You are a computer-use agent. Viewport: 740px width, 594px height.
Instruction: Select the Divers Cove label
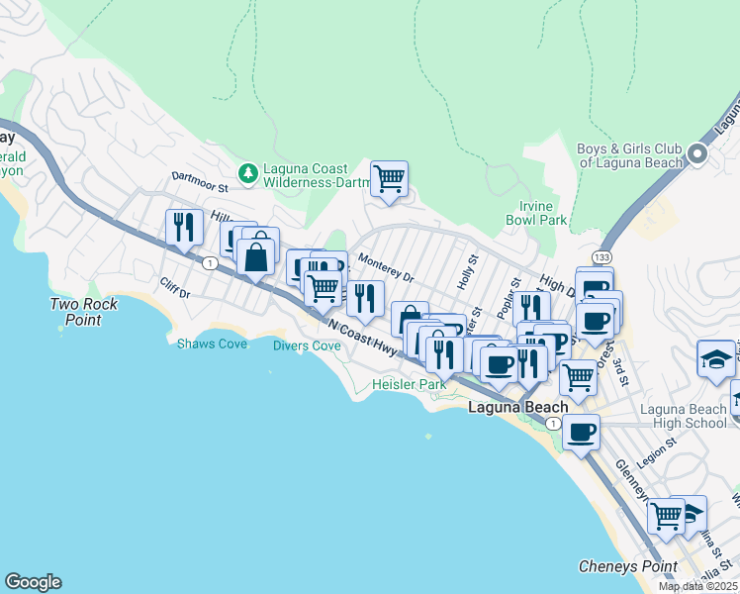[307, 346]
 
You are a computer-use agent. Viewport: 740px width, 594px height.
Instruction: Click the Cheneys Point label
[627, 567]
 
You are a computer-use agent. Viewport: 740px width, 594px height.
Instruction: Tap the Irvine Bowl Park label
[536, 212]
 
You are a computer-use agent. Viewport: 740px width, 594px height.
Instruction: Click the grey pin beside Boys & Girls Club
[697, 154]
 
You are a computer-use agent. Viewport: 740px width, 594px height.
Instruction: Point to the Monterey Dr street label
[385, 269]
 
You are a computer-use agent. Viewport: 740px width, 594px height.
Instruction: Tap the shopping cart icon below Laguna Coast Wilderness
[389, 179]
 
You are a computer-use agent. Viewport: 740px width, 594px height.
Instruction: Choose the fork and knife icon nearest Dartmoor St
[184, 227]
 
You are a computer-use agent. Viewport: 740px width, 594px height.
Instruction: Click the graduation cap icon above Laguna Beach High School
[715, 358]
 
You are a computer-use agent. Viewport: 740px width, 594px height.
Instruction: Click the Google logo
[33, 582]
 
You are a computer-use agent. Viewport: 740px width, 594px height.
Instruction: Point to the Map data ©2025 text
[697, 586]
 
